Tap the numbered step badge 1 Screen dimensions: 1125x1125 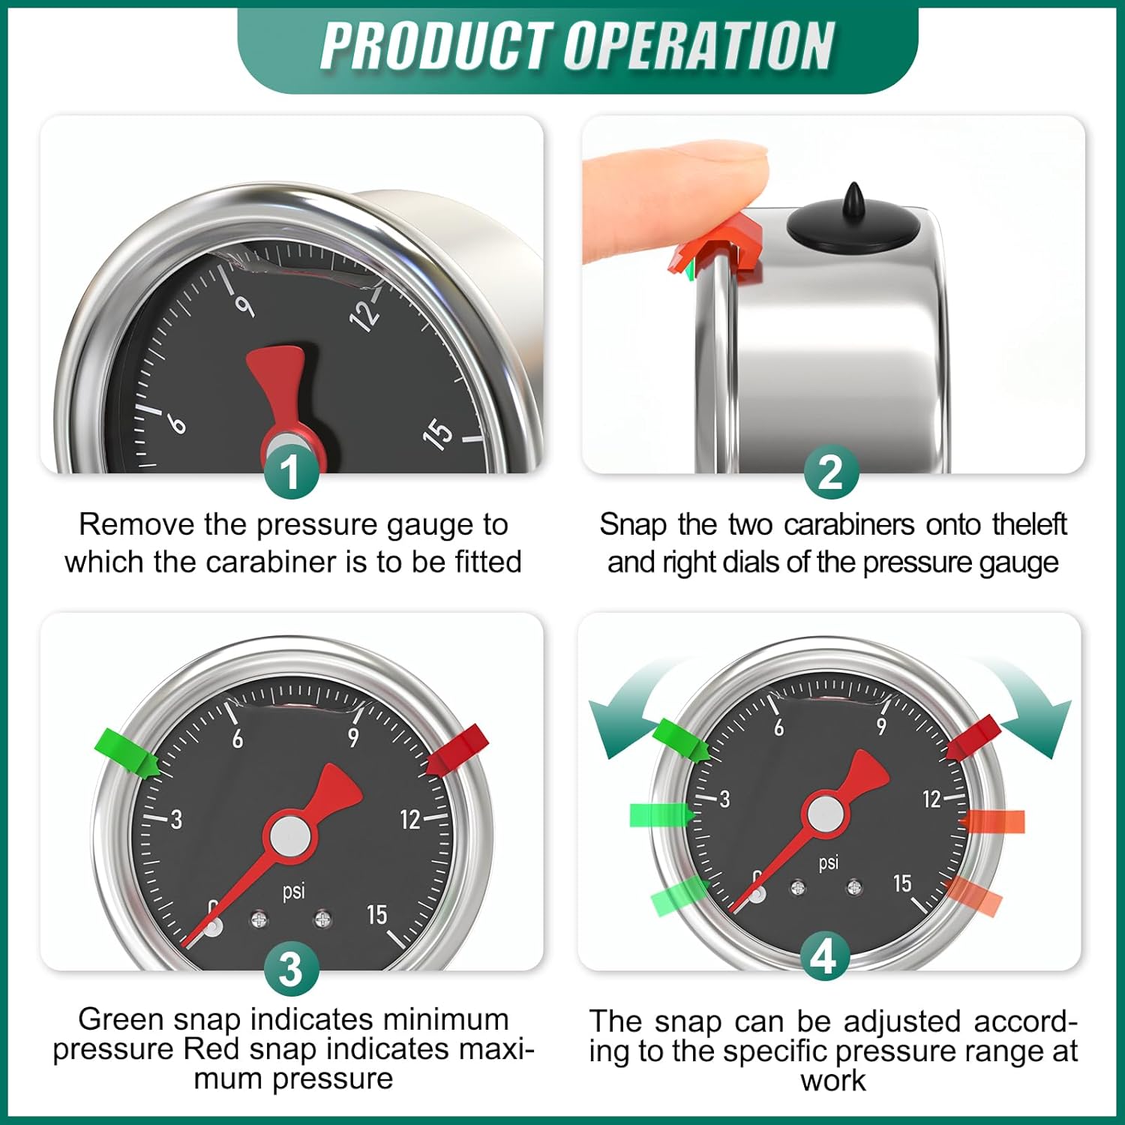point(291,472)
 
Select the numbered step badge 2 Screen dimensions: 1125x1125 point(830,472)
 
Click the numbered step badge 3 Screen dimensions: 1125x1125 point(291,969)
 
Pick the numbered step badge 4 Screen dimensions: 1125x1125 point(823,956)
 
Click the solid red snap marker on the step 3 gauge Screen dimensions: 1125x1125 point(458,748)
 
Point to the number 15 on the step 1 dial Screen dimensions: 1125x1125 point(438,433)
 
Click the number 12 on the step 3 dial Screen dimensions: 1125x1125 point(409,819)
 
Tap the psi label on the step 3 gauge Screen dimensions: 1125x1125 point(293,891)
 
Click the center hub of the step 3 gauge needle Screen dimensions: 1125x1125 point(289,836)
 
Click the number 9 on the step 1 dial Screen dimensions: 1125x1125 point(244,305)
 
